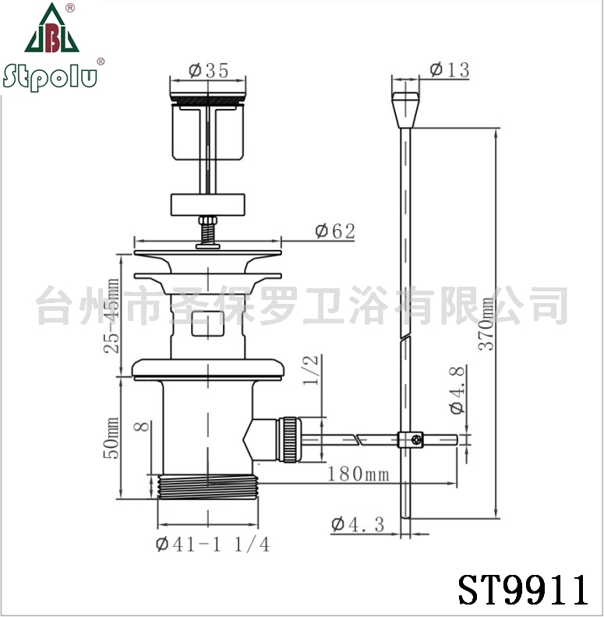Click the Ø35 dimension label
[x=209, y=71]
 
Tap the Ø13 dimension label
[x=450, y=70]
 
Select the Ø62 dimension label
[x=335, y=231]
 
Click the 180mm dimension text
[x=358, y=474]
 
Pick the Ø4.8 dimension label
[x=457, y=390]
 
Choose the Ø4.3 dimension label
[x=358, y=524]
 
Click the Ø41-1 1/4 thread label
[x=213, y=545]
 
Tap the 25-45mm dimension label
[x=111, y=316]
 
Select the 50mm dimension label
[x=111, y=438]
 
